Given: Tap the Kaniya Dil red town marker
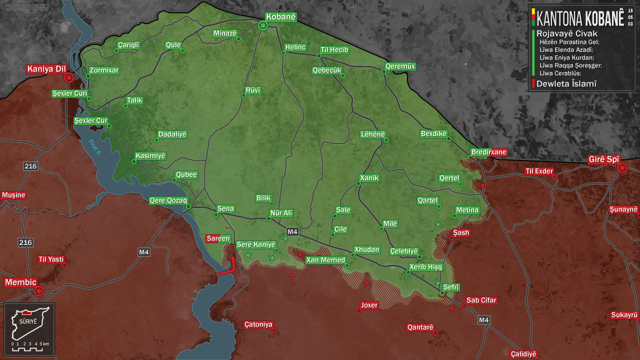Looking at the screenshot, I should [69, 78].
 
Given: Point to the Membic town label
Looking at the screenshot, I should [20, 282].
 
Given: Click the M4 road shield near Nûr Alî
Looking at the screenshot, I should [292, 232].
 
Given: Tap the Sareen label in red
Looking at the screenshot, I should [219, 238].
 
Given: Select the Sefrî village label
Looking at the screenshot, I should [451, 287].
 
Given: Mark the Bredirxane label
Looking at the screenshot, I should [488, 152].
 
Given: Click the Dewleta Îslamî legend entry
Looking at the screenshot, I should [566, 84].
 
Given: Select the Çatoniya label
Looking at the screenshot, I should [258, 324].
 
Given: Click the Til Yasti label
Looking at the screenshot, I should [51, 260].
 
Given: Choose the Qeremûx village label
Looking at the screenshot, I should [400, 67].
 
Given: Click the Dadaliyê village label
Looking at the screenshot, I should [173, 134].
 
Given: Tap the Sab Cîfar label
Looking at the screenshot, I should [481, 300].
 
